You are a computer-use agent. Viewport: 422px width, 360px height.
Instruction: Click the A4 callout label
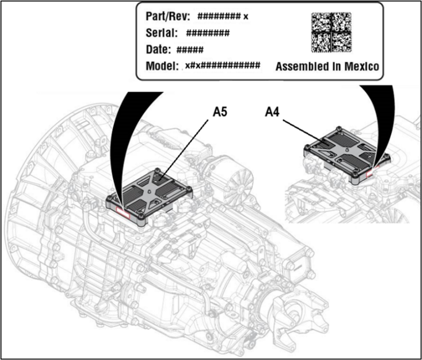coord(274,112)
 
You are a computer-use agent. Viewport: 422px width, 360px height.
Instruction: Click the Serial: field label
coord(162,33)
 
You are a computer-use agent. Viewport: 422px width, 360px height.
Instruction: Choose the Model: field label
coord(162,67)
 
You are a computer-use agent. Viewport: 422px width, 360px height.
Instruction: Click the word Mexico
coord(361,67)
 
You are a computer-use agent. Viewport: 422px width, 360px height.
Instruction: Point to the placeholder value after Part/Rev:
coord(223,16)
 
